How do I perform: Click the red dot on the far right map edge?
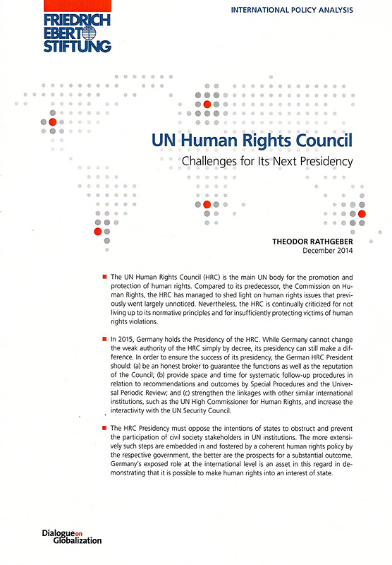click(x=362, y=213)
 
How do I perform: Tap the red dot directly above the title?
click(x=207, y=104)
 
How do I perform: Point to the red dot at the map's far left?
click(x=52, y=121)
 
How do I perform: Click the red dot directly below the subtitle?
click(x=207, y=205)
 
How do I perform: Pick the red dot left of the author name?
click(x=97, y=231)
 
